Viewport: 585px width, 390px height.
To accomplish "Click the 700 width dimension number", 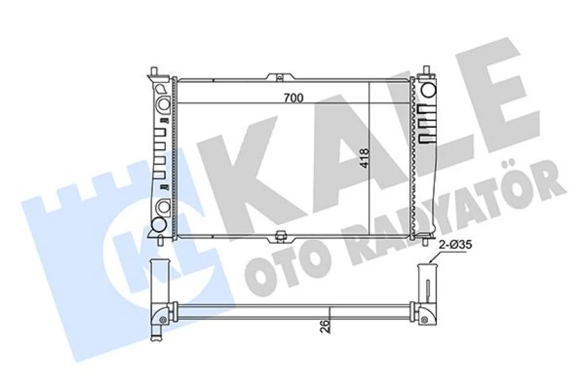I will coord(293,98).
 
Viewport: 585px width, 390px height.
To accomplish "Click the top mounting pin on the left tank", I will coord(156,71).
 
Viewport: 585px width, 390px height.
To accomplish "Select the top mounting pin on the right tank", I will coord(427,71).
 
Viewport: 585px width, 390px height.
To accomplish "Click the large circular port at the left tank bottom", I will coord(158,224).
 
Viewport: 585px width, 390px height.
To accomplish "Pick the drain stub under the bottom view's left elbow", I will coord(158,332).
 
